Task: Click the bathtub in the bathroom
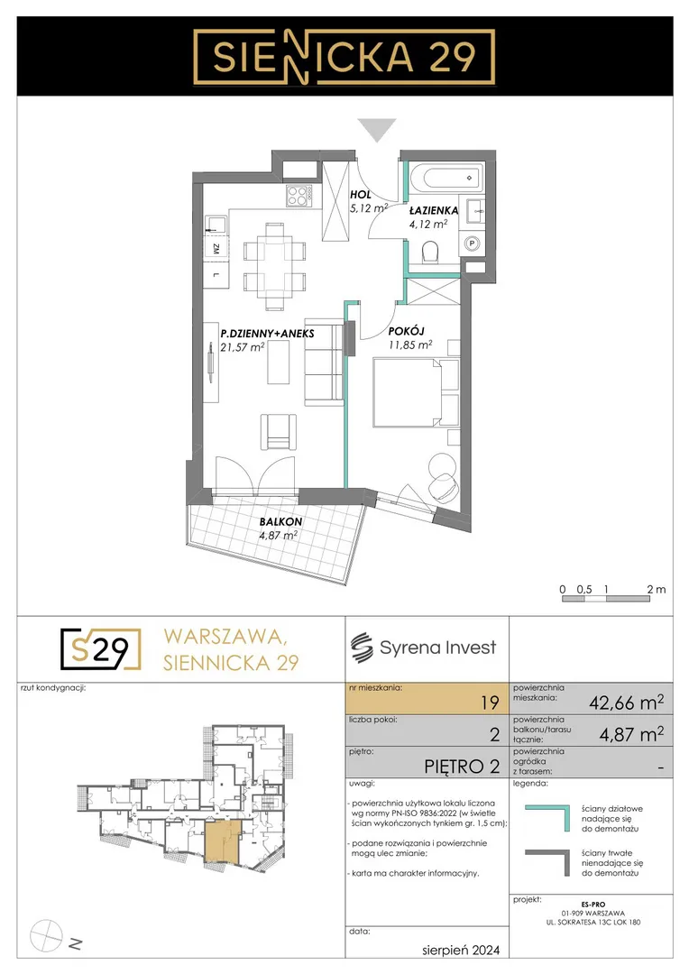point(446,178)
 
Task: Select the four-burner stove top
point(298,197)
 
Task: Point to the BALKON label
point(280,522)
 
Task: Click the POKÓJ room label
point(407,331)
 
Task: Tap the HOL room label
point(361,195)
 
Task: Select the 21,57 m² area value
point(243,347)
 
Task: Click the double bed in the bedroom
point(416,391)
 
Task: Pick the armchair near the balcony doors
point(279,432)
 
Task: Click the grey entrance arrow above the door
point(378,130)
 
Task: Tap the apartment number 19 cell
point(427,699)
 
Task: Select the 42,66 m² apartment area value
point(626,703)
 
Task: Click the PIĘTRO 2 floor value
point(462,767)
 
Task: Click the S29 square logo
point(101,649)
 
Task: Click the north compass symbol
point(47,934)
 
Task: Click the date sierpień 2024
point(460,950)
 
